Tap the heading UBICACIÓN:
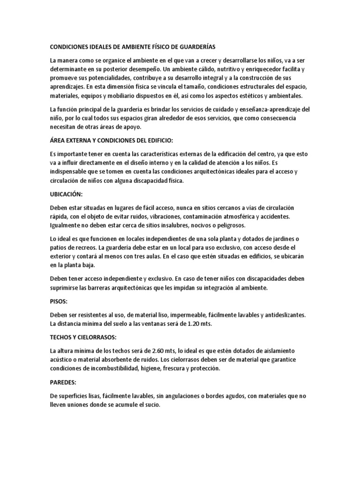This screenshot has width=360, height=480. point(67,194)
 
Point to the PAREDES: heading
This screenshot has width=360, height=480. point(64,382)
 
